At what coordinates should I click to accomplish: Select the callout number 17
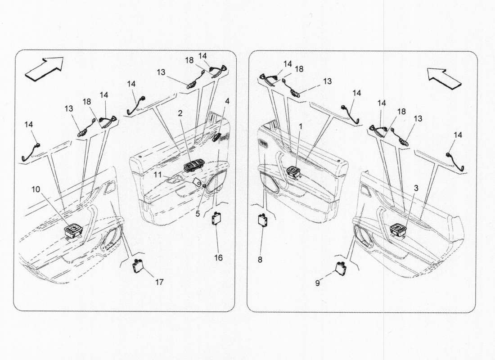[159, 282]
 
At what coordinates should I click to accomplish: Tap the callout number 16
[219, 258]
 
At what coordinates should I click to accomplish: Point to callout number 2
[180, 113]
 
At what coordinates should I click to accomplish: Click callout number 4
[227, 102]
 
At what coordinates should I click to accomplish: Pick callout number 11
[157, 174]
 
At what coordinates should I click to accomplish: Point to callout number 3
[416, 188]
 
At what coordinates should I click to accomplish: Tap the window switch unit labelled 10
[72, 231]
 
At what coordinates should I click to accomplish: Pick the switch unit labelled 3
[398, 230]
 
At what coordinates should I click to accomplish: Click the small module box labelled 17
[137, 266]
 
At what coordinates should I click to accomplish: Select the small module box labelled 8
[262, 220]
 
